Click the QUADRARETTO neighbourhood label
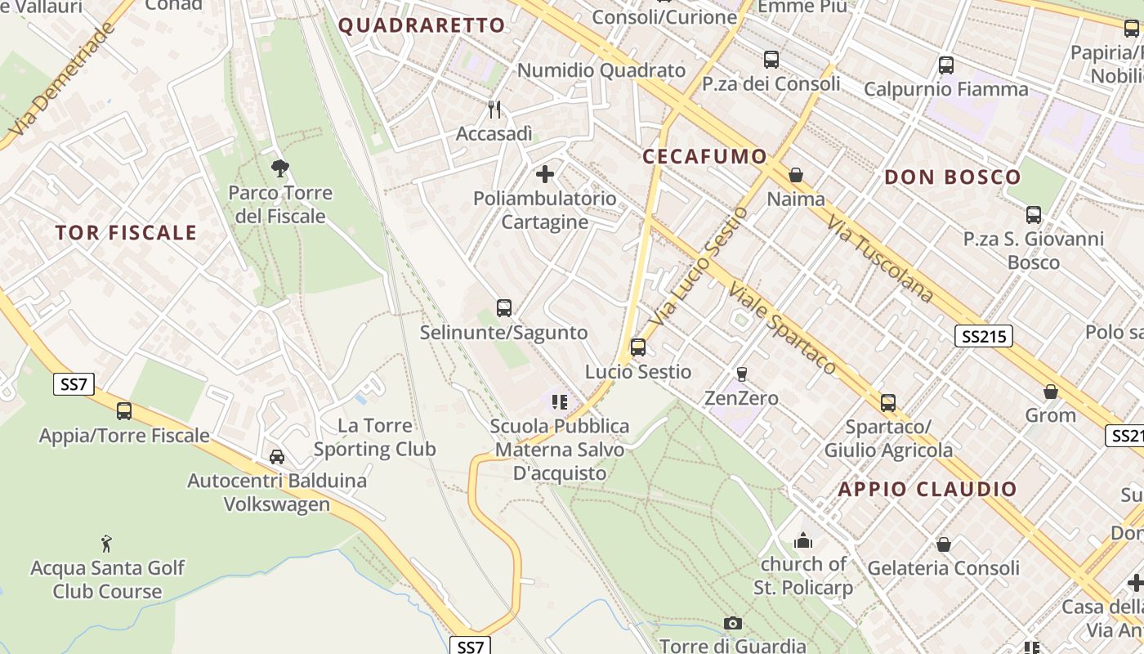422,25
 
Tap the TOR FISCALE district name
126,233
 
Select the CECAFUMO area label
704,157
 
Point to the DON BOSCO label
953,177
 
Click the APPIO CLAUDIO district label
927,490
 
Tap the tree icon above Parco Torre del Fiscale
280,169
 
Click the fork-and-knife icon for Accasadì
494,110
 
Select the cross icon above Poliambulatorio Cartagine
545,174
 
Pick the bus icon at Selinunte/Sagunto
504,308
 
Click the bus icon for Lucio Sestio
638,347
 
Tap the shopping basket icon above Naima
796,175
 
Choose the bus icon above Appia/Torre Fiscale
124,411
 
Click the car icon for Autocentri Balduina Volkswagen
277,456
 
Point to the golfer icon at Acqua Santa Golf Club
106,544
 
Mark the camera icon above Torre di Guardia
733,624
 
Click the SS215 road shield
983,335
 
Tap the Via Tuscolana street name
879,258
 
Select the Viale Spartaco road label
782,329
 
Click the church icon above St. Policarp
803,540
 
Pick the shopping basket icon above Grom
1051,392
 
